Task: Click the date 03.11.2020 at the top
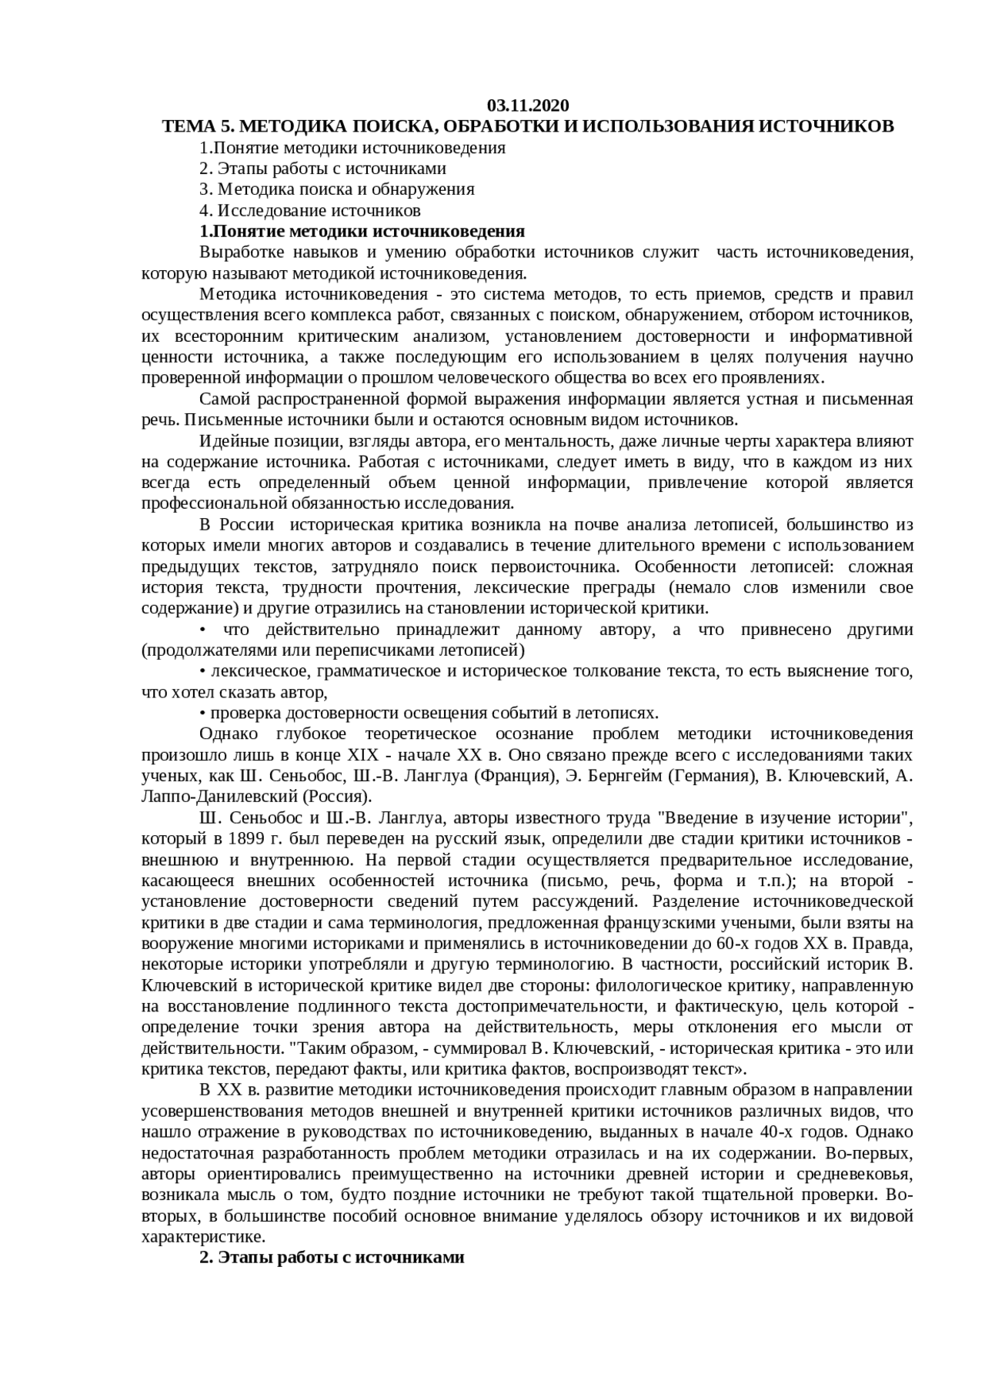click(528, 105)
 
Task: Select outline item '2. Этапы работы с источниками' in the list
click(322, 169)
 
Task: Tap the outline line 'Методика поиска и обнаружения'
click(346, 189)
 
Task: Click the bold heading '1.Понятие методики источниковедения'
click(362, 232)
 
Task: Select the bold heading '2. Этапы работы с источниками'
click(332, 1258)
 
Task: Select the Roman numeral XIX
click(364, 754)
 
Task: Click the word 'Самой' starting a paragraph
click(222, 399)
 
